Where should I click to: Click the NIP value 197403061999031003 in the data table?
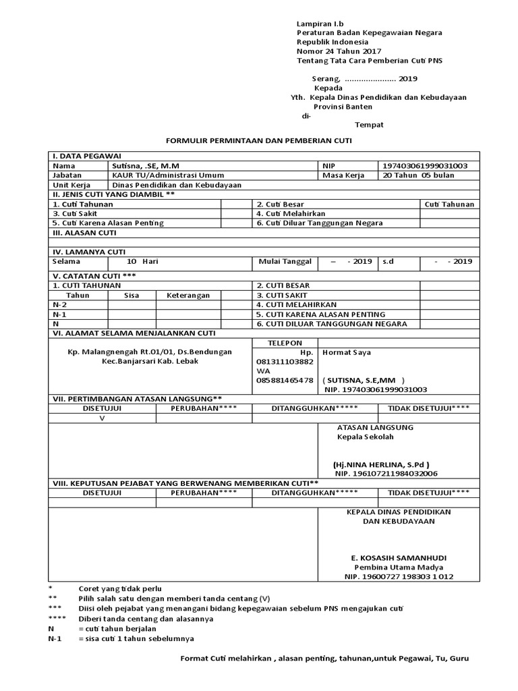click(x=425, y=165)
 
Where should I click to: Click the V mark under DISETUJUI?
click(x=103, y=418)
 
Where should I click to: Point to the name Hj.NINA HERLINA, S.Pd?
click(x=381, y=464)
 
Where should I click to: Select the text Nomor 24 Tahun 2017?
click(x=339, y=51)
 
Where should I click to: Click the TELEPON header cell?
click(x=285, y=343)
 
